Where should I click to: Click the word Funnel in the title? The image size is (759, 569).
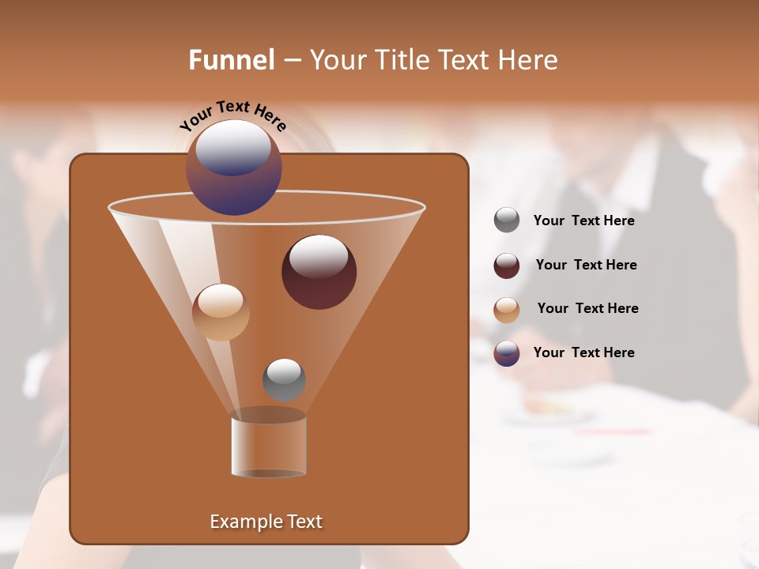tap(232, 60)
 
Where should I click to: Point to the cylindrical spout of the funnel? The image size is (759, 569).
tap(268, 447)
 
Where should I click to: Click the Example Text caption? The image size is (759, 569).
tap(266, 522)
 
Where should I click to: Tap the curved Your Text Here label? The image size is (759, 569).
tap(232, 115)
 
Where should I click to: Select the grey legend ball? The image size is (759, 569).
tap(507, 220)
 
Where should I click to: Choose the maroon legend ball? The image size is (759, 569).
tap(507, 266)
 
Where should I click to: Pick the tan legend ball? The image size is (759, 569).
tap(507, 309)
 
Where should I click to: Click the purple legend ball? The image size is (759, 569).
tap(507, 353)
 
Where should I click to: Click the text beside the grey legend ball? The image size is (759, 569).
tap(583, 220)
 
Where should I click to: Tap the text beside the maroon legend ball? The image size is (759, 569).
tap(586, 265)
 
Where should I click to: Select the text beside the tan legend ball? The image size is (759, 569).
tap(587, 308)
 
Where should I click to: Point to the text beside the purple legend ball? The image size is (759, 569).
tap(583, 352)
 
